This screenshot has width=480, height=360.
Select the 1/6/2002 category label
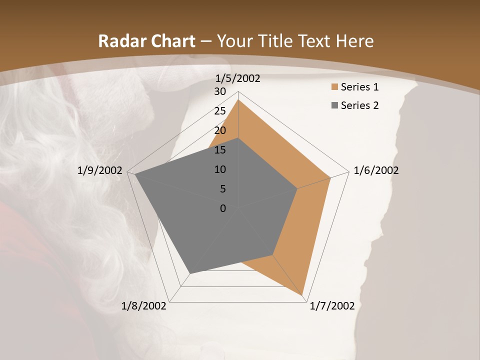pos(376,170)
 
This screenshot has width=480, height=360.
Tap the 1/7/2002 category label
pos(332,305)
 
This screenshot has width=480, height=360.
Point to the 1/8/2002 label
pos(144,305)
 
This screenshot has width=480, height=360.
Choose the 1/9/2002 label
pos(100,170)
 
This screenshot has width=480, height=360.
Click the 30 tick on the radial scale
pos(220,91)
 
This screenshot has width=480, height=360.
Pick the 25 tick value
pos(220,111)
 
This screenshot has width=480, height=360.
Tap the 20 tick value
pos(220,130)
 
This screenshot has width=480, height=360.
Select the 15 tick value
pos(220,150)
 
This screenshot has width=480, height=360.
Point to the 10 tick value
pos(220,169)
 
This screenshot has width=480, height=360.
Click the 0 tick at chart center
pos(223,208)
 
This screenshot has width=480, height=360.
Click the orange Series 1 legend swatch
pos(334,87)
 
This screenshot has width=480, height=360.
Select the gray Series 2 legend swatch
pos(334,105)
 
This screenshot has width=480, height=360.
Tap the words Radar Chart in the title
pos(146,41)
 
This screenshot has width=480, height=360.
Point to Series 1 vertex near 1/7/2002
pos(302,295)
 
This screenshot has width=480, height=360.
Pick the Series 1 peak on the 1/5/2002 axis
pos(238,99)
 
